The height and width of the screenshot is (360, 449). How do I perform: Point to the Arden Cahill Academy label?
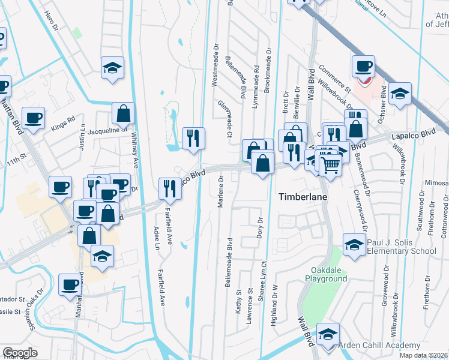tap(379, 345)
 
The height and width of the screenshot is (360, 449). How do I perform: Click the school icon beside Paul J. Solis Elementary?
tap(354, 244)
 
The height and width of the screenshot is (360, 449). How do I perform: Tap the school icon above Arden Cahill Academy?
tap(328, 334)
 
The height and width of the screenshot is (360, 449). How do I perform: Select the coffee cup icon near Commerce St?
tap(363, 66)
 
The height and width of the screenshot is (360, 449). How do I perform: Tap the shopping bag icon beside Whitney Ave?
tap(123, 113)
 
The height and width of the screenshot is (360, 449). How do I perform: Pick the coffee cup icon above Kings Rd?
tap(34, 117)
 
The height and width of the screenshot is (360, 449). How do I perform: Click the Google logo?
tap(20, 353)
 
